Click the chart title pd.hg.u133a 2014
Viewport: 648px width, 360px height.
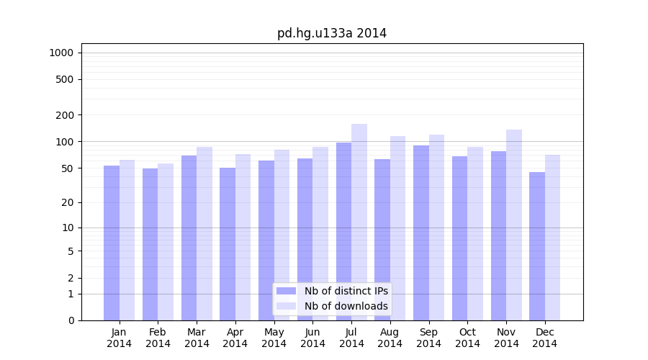coord(332,33)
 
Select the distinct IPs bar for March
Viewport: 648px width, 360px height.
coord(189,238)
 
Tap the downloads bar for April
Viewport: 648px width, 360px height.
coord(243,237)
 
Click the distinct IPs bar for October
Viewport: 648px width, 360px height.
coord(459,238)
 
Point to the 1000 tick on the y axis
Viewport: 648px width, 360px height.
coord(61,53)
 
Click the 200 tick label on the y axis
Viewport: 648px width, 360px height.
coord(65,115)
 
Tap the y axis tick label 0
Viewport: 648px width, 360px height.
coord(71,320)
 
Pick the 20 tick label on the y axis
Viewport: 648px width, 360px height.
coord(68,202)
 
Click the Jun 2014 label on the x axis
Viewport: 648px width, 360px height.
coord(312,338)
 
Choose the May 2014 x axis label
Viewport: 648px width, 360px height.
coord(274,338)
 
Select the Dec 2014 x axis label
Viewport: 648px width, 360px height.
coord(544,338)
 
